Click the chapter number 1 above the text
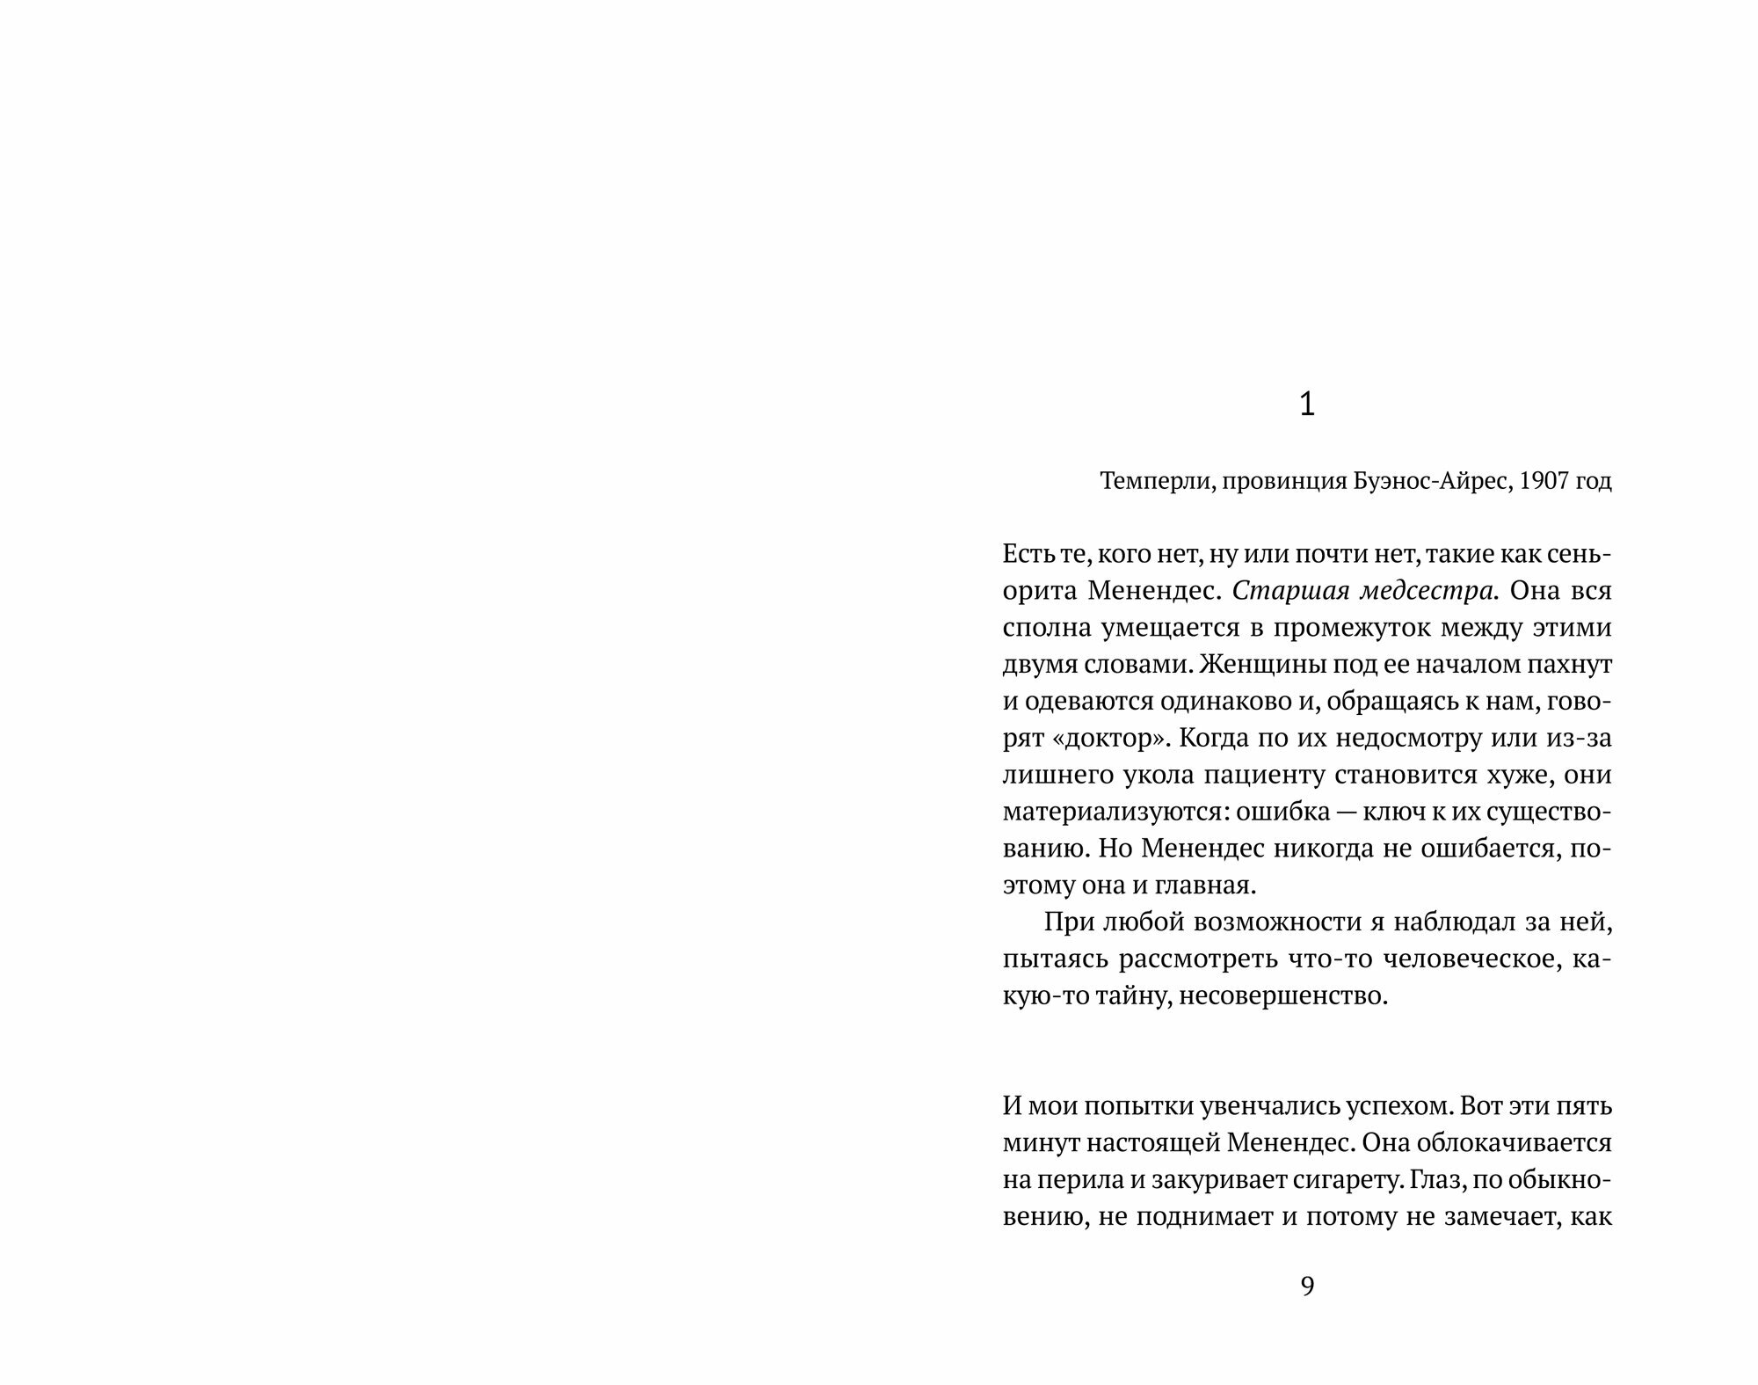click(1307, 405)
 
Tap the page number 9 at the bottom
click(1307, 1287)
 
